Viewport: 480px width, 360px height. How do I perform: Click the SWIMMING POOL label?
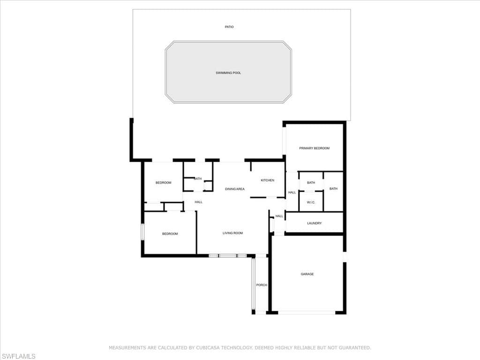pyautogui.click(x=228, y=73)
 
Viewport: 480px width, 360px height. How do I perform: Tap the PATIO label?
pyautogui.click(x=229, y=27)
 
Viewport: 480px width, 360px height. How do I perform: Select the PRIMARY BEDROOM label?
pyautogui.click(x=315, y=148)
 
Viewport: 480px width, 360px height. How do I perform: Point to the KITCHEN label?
pyautogui.click(x=268, y=180)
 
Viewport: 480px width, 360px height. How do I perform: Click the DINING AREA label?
pyautogui.click(x=235, y=189)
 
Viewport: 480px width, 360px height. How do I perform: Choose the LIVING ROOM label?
pyautogui.click(x=232, y=233)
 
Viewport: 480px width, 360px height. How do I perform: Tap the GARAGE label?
pyautogui.click(x=307, y=274)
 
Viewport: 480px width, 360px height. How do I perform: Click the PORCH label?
pyautogui.click(x=262, y=285)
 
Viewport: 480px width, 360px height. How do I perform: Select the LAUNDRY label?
pyautogui.click(x=315, y=224)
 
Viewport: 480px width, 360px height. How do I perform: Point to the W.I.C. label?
pyautogui.click(x=311, y=202)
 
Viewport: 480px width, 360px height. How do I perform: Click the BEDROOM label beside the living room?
pyautogui.click(x=170, y=234)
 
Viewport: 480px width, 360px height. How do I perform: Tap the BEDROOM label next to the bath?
pyautogui.click(x=164, y=183)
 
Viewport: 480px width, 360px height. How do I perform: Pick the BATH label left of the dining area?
pyautogui.click(x=198, y=179)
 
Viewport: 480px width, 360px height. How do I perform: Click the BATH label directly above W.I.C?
pyautogui.click(x=311, y=183)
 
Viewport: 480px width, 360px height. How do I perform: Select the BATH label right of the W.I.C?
pyautogui.click(x=333, y=189)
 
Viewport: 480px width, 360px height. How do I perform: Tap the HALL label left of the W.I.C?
pyautogui.click(x=292, y=193)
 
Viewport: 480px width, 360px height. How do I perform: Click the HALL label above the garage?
pyautogui.click(x=279, y=216)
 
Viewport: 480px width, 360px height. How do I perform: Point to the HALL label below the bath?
pyautogui.click(x=198, y=202)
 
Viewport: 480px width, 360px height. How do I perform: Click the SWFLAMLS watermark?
pyautogui.click(x=19, y=356)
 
